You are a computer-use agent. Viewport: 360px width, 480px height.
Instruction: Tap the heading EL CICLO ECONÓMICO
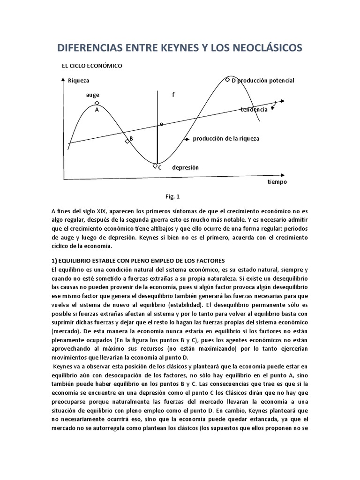click(x=92, y=66)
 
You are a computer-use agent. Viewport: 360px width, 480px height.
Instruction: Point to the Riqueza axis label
click(x=78, y=81)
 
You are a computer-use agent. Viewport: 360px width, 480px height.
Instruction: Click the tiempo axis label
click(x=277, y=182)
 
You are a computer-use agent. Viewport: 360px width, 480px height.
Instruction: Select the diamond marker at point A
click(x=97, y=103)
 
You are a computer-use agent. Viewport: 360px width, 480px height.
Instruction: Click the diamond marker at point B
click(x=127, y=141)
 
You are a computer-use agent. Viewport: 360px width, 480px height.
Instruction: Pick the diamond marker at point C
click(x=155, y=165)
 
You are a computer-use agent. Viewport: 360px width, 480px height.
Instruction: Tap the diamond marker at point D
click(x=228, y=80)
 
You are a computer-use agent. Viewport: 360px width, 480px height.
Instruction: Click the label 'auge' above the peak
click(x=92, y=95)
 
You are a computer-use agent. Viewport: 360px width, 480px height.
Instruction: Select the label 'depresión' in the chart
click(x=185, y=167)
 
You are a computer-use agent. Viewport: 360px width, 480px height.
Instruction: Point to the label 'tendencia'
click(x=254, y=109)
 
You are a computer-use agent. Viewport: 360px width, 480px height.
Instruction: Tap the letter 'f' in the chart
click(x=173, y=95)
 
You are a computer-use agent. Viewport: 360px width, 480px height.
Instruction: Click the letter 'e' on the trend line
click(x=161, y=124)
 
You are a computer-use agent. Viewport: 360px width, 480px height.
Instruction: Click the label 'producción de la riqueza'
click(x=226, y=139)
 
